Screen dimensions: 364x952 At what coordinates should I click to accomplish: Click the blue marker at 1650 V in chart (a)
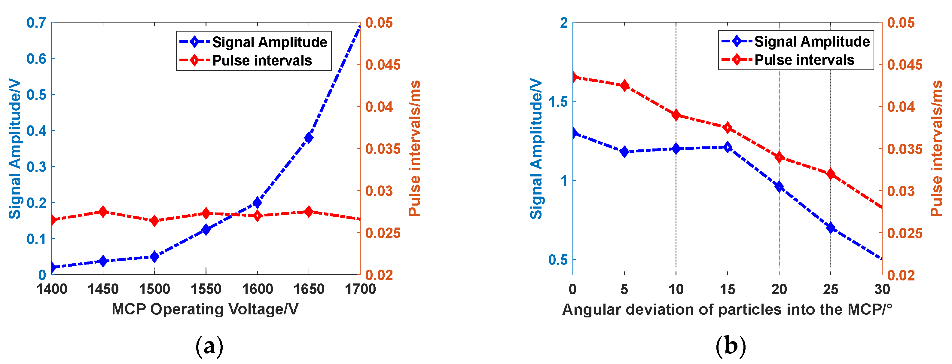309,137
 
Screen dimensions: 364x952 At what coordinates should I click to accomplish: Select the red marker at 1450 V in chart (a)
103,212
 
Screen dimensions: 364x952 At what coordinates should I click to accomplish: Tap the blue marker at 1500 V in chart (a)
154,256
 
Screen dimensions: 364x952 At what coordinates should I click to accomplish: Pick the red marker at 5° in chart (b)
624,85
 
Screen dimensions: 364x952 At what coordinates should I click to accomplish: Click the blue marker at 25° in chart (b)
831,228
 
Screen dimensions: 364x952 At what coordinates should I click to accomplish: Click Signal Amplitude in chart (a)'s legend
270,42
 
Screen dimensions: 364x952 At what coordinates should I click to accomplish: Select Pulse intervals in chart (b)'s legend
804,60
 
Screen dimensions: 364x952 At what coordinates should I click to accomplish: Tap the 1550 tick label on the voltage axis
206,289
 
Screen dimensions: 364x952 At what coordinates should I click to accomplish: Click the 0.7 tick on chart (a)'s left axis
36,23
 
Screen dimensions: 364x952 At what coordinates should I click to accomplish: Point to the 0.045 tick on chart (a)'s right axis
383,65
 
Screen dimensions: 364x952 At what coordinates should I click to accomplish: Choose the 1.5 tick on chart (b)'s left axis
558,101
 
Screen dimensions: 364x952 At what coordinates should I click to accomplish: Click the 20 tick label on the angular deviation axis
779,289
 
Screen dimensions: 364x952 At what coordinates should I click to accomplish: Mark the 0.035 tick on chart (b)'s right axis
905,149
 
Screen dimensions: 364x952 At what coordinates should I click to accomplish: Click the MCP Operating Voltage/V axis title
205,309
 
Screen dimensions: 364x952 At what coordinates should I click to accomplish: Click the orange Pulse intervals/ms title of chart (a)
415,148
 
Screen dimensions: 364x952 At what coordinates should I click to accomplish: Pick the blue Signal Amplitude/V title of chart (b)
536,148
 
